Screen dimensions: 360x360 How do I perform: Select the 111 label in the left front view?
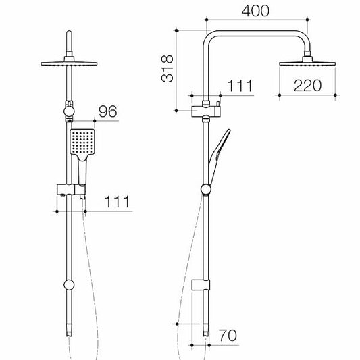coord(116,201)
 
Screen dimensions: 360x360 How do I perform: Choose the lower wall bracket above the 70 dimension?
coord(202,284)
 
